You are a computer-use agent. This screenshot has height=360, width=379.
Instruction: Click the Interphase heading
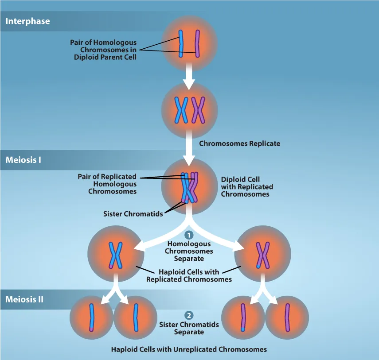27,21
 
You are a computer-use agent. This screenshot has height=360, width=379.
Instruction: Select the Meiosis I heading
23,160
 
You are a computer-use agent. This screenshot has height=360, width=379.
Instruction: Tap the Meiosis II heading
24,299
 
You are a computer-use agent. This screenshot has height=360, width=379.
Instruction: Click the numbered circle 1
189,235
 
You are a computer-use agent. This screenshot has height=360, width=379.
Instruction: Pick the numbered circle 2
189,316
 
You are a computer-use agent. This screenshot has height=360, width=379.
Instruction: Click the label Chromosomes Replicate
239,143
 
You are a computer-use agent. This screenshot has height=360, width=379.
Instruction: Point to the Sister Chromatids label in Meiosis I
133,214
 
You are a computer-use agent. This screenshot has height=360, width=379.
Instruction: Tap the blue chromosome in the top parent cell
181,43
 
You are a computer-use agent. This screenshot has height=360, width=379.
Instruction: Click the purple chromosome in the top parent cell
198,43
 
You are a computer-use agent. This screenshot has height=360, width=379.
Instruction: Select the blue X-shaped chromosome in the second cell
181,110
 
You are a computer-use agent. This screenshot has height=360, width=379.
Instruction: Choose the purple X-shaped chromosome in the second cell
198,110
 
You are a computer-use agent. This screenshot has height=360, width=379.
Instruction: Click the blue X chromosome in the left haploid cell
116,255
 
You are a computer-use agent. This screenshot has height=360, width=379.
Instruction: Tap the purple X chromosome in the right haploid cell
263,255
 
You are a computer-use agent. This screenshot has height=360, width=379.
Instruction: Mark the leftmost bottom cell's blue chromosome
91,317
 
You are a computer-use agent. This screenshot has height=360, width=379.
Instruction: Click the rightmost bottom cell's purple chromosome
287,317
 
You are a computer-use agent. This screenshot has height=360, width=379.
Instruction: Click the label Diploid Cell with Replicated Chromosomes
247,187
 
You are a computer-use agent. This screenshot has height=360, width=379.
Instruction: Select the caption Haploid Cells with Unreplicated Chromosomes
189,349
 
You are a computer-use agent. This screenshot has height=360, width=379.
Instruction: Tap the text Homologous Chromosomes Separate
189,251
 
